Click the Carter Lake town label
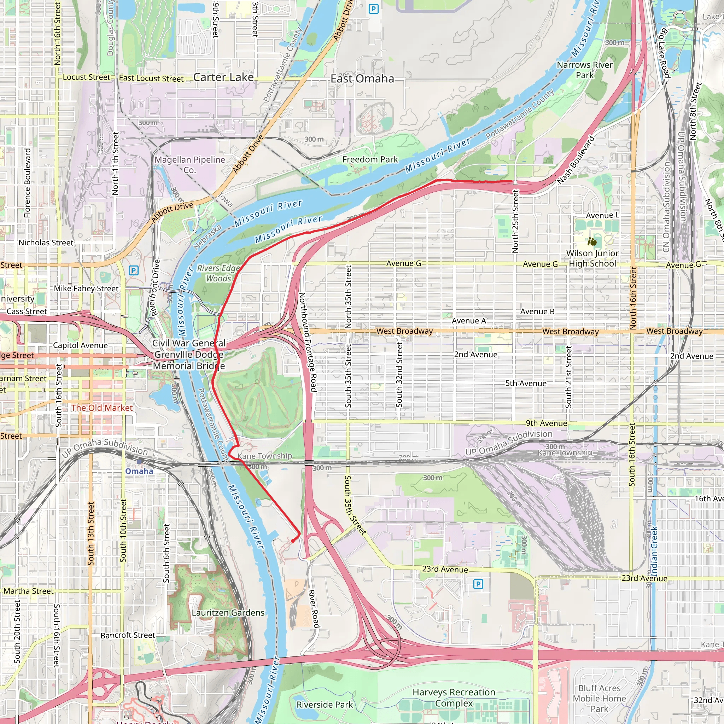click(x=223, y=77)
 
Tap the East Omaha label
click(x=362, y=79)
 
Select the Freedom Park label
click(x=370, y=159)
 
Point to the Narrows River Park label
click(x=585, y=70)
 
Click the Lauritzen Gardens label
click(x=228, y=613)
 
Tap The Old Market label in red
click(x=102, y=408)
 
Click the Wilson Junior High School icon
click(x=592, y=242)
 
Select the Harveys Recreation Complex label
click(x=454, y=697)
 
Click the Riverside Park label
click(x=325, y=705)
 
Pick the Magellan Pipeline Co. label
click(x=189, y=164)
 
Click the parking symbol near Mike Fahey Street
click(x=133, y=270)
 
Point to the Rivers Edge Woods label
click(x=218, y=273)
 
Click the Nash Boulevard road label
click(x=576, y=160)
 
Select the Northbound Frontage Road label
click(x=308, y=342)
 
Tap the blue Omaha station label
click(x=139, y=471)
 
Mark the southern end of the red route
click(x=293, y=541)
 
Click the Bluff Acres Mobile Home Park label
click(x=599, y=698)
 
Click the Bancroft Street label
click(x=127, y=635)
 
